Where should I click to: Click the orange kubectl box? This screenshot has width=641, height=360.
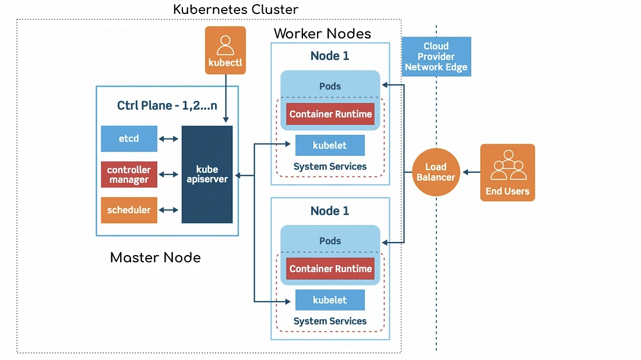coord(226,50)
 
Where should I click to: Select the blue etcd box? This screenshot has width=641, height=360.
coord(129,139)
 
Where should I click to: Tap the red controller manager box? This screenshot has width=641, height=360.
coord(129,175)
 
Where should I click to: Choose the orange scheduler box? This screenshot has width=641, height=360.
coord(129,210)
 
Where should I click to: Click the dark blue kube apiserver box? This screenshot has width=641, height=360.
coord(207,174)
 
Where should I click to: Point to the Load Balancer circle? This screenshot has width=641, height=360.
coord(436,172)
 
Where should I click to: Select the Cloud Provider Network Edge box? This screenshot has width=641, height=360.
coord(436,57)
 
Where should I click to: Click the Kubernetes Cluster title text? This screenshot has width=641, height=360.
coord(235,10)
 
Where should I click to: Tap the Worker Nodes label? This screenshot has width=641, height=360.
coord(322,33)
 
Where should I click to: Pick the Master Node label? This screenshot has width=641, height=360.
coord(155,257)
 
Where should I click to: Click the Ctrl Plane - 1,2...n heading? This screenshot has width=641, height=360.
coord(167,105)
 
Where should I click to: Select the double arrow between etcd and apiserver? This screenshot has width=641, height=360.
coord(169,139)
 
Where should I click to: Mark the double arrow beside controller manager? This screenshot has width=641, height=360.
coord(169,175)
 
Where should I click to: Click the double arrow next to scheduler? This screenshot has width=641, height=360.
coord(169,210)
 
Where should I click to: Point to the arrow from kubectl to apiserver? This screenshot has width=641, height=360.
coord(226,99)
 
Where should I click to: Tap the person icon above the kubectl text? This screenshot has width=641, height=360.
coord(226,45)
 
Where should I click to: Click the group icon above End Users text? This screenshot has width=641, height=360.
coord(508,165)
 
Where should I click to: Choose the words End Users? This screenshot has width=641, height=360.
coord(508,191)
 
